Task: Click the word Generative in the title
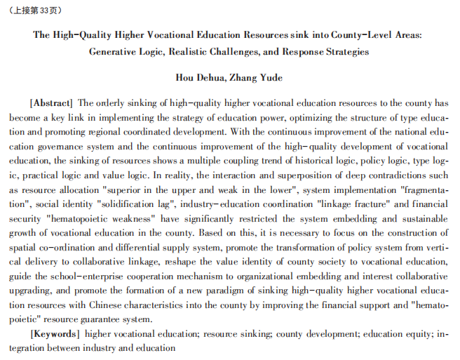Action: pyautogui.click(x=117, y=51)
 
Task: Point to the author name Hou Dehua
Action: pyautogui.click(x=198, y=77)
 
